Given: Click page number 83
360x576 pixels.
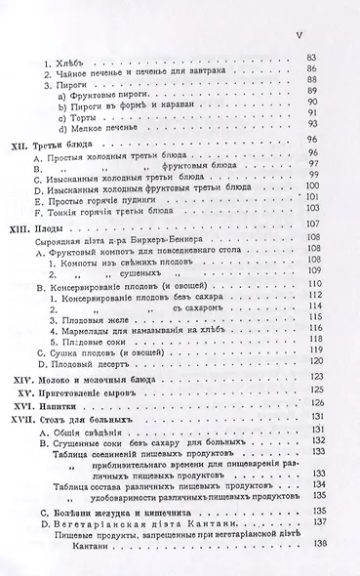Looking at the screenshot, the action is [x=313, y=59].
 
